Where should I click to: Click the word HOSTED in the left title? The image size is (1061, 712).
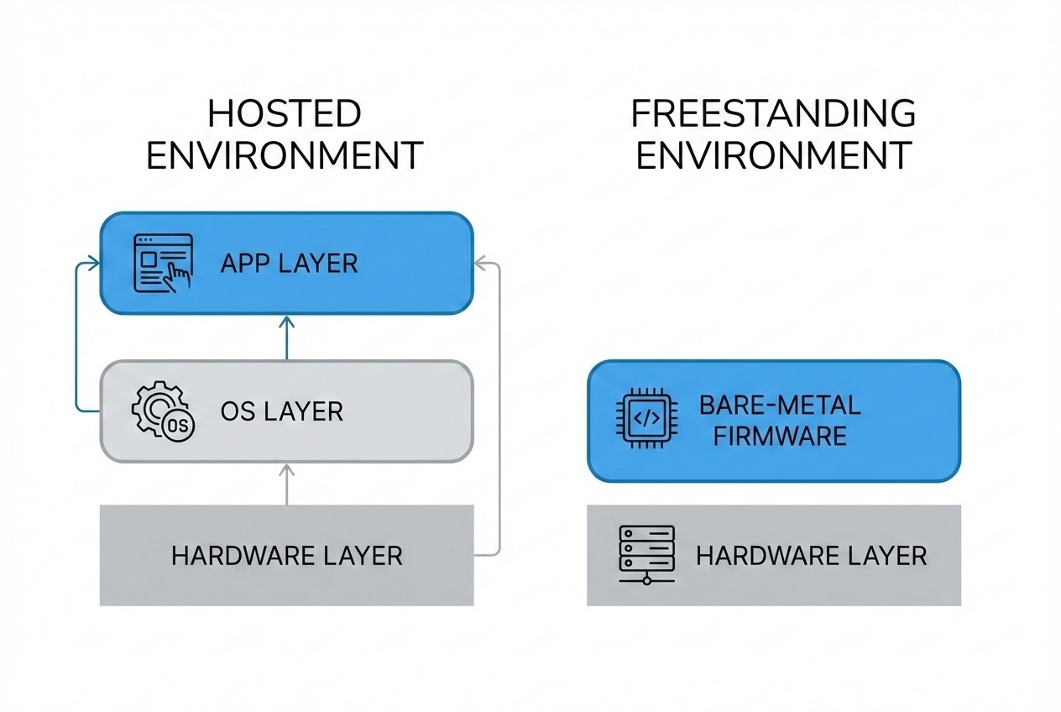point(284,113)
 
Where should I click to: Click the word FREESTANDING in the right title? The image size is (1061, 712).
point(773,113)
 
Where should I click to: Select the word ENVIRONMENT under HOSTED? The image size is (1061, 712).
point(284,156)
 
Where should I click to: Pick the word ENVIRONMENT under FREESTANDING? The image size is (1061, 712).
point(773,156)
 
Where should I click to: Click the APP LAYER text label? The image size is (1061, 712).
point(289,264)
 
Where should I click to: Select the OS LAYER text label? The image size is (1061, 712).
point(281,411)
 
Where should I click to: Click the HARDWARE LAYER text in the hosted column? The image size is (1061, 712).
point(286,555)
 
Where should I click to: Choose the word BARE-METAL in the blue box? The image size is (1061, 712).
point(780,406)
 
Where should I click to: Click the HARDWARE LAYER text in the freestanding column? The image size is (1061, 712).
point(811,555)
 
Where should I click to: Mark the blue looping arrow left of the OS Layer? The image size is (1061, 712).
point(78,336)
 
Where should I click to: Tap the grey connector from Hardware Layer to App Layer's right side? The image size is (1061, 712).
point(499,411)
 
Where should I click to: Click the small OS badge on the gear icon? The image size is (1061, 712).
point(178,425)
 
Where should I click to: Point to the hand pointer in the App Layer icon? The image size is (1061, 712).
point(176,276)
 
